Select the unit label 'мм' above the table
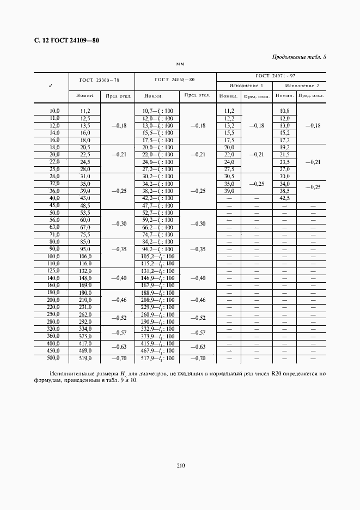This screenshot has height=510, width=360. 180,64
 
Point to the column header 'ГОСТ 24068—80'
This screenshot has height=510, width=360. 175,80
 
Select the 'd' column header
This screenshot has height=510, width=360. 51,86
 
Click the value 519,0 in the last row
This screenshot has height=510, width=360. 85,359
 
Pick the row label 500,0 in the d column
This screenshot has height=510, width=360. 53,359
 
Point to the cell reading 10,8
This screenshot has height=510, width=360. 284,111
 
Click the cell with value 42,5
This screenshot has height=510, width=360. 284,198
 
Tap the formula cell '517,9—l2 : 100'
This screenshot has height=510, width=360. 157,359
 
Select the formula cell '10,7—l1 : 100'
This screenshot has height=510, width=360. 157,111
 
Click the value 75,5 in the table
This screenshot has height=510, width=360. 85,235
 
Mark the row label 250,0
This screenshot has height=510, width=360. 53,315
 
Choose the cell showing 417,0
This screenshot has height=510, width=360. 85,344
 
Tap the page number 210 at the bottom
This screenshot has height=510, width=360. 181,465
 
